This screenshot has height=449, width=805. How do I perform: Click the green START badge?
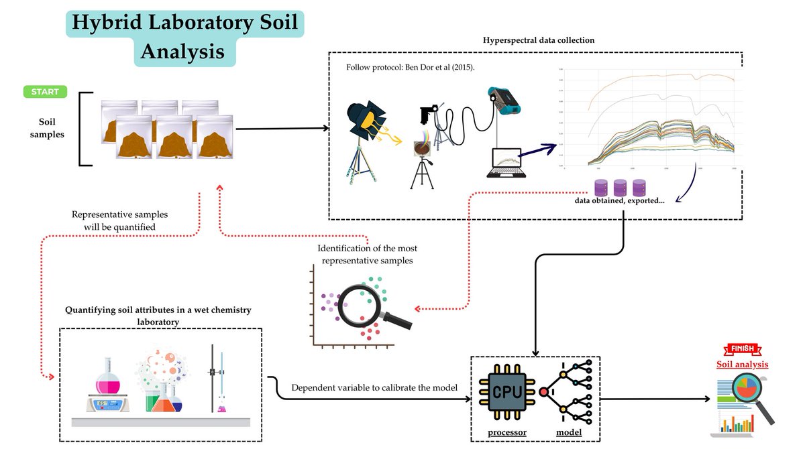click(45, 92)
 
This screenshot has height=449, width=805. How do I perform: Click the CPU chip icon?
click(502, 391)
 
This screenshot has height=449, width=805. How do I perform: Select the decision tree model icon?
click(568, 392)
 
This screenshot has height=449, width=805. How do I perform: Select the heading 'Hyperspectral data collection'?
click(539, 40)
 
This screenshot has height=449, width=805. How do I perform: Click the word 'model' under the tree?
click(569, 432)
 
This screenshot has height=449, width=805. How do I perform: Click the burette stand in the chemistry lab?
click(213, 379)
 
